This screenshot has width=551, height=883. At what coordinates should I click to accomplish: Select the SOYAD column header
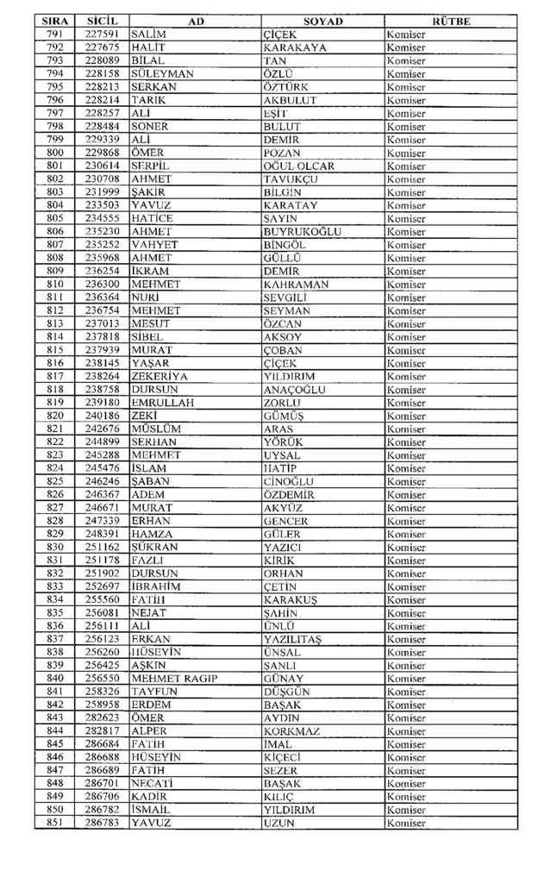coord(323,21)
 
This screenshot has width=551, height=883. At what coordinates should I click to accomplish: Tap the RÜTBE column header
coord(449,21)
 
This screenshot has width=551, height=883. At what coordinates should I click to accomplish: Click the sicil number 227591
coord(102,34)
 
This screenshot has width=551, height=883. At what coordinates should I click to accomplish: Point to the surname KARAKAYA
coord(295,47)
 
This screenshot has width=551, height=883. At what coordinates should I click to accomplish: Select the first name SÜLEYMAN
coord(163,74)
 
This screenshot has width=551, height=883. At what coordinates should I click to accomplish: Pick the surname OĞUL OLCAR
coord(298,166)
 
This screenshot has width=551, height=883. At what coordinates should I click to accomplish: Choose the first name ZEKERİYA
coord(160,376)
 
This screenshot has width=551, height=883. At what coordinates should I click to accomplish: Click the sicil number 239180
coord(102,402)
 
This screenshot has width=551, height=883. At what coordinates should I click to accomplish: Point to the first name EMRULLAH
coord(163,402)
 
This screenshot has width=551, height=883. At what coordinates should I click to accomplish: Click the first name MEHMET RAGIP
coord(174,679)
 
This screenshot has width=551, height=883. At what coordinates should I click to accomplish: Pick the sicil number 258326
coord(102,692)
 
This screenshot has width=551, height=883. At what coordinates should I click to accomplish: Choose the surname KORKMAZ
coord(291,731)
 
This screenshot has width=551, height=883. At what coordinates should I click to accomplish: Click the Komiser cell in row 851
coord(406,824)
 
